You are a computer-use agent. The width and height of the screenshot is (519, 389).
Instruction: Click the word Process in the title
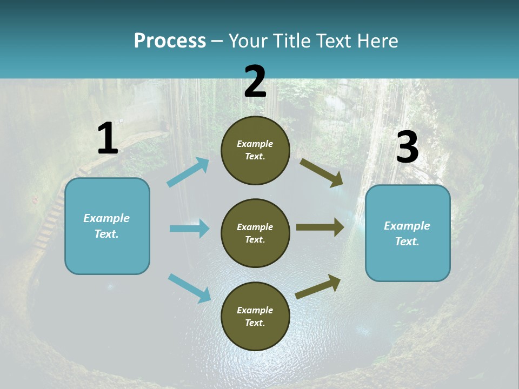[x=170, y=41]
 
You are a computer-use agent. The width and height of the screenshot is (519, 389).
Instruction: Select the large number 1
[x=108, y=139]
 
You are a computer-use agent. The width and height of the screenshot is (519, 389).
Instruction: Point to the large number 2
[x=255, y=82]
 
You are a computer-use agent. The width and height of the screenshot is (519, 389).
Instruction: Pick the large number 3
[x=407, y=147]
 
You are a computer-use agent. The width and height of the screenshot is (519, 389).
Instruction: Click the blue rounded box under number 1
[x=107, y=226]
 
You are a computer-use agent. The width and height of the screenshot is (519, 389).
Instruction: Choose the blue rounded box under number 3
[x=408, y=233]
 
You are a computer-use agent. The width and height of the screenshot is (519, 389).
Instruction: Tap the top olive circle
[x=255, y=150]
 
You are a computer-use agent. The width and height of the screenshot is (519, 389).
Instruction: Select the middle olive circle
[x=255, y=233]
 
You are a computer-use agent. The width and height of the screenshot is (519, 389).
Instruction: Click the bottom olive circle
[x=255, y=316]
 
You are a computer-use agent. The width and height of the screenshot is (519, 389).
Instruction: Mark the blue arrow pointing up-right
[x=188, y=172]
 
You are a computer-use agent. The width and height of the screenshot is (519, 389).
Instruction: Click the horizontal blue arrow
[x=189, y=229]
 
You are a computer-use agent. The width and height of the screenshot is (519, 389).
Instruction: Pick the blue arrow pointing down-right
[x=189, y=288]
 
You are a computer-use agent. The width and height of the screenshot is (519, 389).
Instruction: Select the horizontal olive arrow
[x=320, y=227]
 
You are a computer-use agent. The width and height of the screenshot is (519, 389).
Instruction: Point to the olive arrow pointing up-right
[x=318, y=286]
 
